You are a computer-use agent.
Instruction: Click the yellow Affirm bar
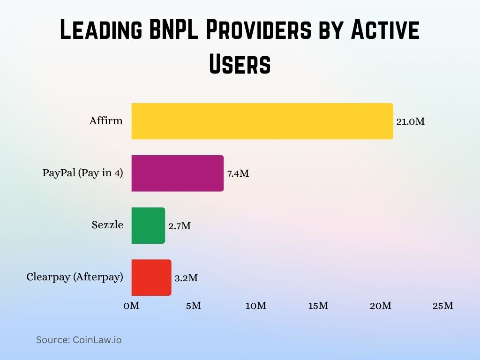click(262, 121)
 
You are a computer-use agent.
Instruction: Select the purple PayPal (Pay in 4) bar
click(177, 173)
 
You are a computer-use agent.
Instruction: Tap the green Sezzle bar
click(148, 225)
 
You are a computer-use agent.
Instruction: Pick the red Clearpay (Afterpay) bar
click(151, 277)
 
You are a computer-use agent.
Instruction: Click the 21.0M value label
click(410, 121)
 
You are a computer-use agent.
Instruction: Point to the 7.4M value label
click(238, 173)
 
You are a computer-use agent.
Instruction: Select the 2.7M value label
click(180, 226)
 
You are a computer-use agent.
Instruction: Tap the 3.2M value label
click(186, 278)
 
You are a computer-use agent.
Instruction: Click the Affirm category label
click(106, 121)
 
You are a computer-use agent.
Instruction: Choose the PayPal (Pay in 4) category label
click(82, 173)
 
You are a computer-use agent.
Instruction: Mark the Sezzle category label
click(107, 225)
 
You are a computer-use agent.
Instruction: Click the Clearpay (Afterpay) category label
click(75, 277)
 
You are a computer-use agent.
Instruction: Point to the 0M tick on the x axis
click(131, 306)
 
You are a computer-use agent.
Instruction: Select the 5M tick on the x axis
click(193, 306)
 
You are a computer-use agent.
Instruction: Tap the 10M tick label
click(255, 306)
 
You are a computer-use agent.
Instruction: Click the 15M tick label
click(318, 306)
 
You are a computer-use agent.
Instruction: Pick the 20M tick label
click(380, 306)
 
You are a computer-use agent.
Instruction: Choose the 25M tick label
click(442, 306)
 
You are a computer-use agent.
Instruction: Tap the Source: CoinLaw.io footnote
click(79, 340)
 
